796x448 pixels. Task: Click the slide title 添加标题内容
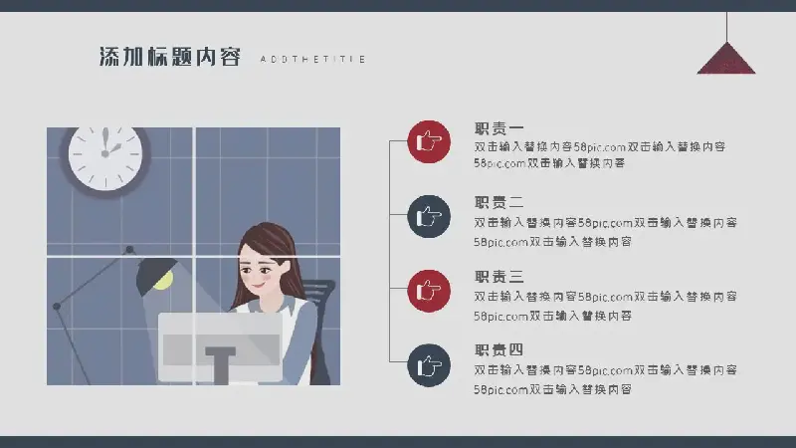[169, 57]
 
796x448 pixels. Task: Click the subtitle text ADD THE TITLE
[312, 60]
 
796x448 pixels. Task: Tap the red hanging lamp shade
[726, 59]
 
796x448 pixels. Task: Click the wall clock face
[105, 157]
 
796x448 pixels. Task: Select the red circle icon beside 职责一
[429, 141]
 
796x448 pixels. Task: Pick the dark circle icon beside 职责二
[429, 216]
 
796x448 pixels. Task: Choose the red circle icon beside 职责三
[429, 291]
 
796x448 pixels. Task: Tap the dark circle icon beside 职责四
[429, 365]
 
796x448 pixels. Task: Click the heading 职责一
[499, 128]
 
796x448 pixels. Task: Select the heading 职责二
[499, 203]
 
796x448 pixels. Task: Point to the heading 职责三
[499, 277]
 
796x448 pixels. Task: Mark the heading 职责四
[499, 350]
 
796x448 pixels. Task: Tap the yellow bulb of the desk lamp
[163, 281]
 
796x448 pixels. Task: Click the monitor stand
[220, 365]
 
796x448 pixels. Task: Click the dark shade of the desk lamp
[154, 275]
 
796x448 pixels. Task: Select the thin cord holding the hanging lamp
[726, 27]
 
